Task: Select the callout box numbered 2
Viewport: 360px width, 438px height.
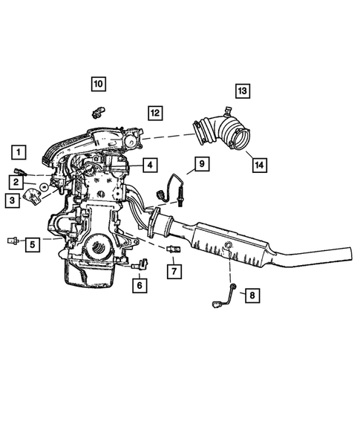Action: pyautogui.click(x=14, y=180)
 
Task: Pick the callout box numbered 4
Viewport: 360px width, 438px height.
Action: pyautogui.click(x=149, y=165)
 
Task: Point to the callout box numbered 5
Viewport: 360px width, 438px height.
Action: pyautogui.click(x=33, y=243)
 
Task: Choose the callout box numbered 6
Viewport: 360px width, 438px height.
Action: pyautogui.click(x=139, y=284)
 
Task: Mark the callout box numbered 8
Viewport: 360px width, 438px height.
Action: pyautogui.click(x=252, y=296)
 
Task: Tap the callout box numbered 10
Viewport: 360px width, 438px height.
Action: pyautogui.click(x=99, y=84)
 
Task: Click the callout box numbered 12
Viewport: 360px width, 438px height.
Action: pyautogui.click(x=154, y=113)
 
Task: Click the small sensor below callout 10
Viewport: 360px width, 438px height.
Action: pyautogui.click(x=95, y=112)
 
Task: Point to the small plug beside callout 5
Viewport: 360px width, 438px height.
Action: pyautogui.click(x=12, y=241)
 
